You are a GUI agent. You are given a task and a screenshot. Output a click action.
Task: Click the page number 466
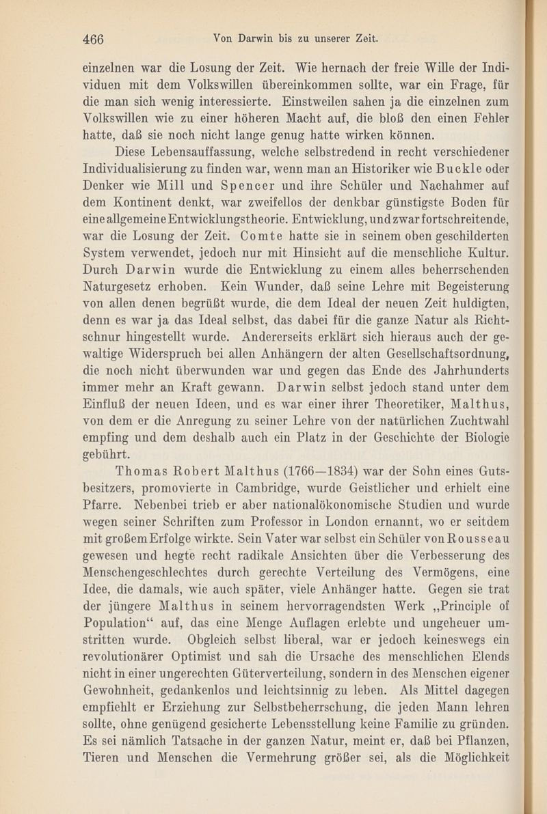click(x=93, y=39)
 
